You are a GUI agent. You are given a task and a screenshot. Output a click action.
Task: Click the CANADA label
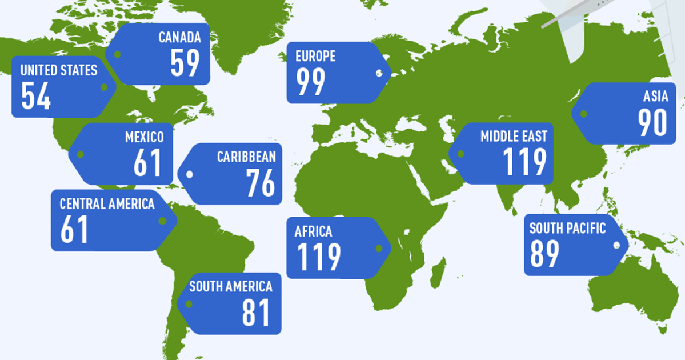pyautogui.click(x=179, y=38)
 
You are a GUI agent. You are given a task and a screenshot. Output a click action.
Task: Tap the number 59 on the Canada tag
pyautogui.click(x=185, y=63)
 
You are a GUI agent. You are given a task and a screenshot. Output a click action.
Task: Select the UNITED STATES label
pyautogui.click(x=59, y=70)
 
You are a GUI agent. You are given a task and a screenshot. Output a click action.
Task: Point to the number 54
pyautogui.click(x=36, y=96)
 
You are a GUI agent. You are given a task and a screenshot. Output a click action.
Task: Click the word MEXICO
pyautogui.click(x=144, y=137)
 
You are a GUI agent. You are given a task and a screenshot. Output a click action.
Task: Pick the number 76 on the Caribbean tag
pyautogui.click(x=261, y=183)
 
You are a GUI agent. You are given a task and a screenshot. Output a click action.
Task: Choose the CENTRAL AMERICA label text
pyautogui.click(x=107, y=204)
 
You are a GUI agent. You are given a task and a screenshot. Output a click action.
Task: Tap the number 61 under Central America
pyautogui.click(x=74, y=230)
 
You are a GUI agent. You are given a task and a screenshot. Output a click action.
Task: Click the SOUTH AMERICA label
pyautogui.click(x=231, y=286)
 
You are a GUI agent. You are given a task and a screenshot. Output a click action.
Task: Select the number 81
pyautogui.click(x=255, y=313)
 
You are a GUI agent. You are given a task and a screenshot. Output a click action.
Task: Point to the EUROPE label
pyautogui.click(x=315, y=56)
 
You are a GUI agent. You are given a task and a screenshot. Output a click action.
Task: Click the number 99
pyautogui.click(x=311, y=82)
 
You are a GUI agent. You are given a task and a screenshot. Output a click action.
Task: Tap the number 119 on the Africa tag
pyautogui.click(x=319, y=257)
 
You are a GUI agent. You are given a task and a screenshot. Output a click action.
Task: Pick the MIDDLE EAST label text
pyautogui.click(x=514, y=137)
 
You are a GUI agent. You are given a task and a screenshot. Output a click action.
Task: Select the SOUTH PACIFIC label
pyautogui.click(x=567, y=229)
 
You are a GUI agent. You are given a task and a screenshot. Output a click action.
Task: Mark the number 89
pyautogui.click(x=544, y=254)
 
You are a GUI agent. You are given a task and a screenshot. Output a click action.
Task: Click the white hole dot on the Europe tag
pyautogui.click(x=379, y=73)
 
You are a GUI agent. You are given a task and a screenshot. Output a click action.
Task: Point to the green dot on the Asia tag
pyautogui.click(x=583, y=114)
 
